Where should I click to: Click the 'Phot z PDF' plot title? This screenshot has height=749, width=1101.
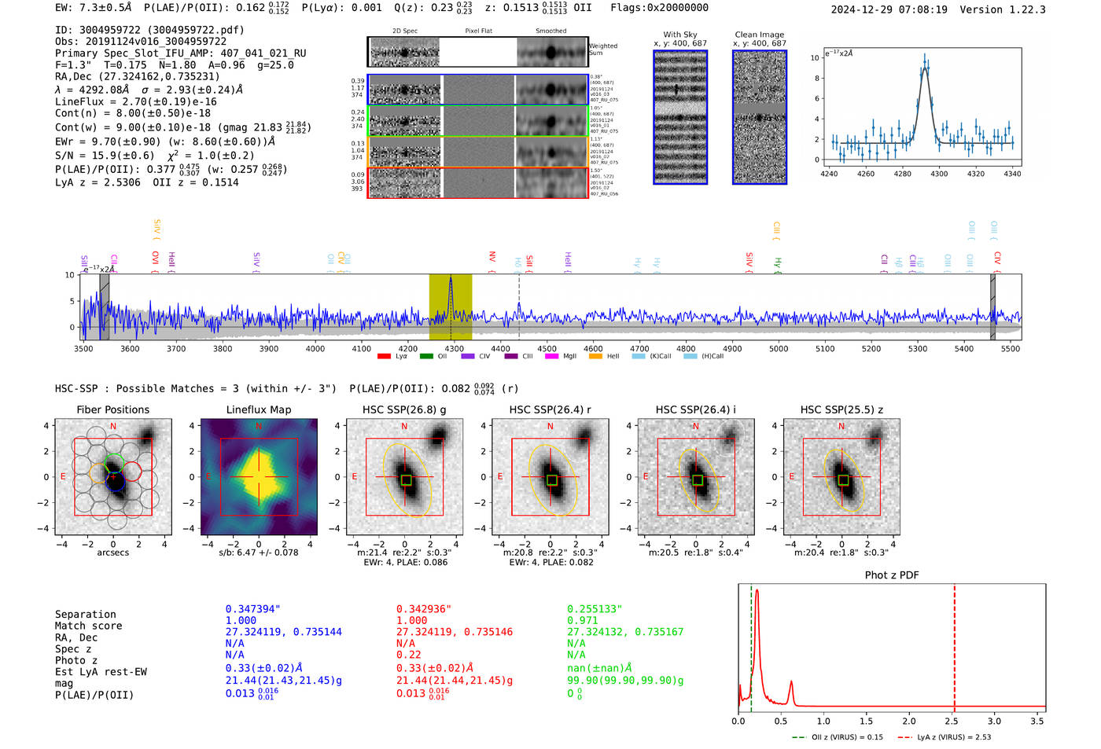pos(891,575)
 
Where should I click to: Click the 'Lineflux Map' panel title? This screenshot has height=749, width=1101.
pos(258,409)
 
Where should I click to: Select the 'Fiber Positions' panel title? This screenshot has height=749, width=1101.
pos(112,409)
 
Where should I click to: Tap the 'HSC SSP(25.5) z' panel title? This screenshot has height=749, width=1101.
pos(841,409)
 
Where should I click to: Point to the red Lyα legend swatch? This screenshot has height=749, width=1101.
pos(384,356)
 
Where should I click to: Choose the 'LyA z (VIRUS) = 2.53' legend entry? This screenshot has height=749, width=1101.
pos(946,737)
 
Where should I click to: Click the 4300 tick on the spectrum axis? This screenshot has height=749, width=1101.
pos(454,348)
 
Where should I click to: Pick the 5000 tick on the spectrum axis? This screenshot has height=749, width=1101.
pos(779,348)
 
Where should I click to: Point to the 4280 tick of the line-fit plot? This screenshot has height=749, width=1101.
pos(902,174)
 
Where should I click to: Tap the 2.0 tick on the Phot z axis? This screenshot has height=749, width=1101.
pos(909,721)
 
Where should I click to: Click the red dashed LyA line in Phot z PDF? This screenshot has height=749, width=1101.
pos(955,644)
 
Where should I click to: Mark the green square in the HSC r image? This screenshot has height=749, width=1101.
pos(551,479)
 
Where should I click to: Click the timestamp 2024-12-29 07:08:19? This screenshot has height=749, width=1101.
pos(889,9)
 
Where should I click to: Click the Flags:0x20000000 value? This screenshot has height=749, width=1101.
pos(659,8)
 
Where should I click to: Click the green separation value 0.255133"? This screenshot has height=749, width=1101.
pos(595,609)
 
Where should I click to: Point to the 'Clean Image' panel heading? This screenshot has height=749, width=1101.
pos(759,35)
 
